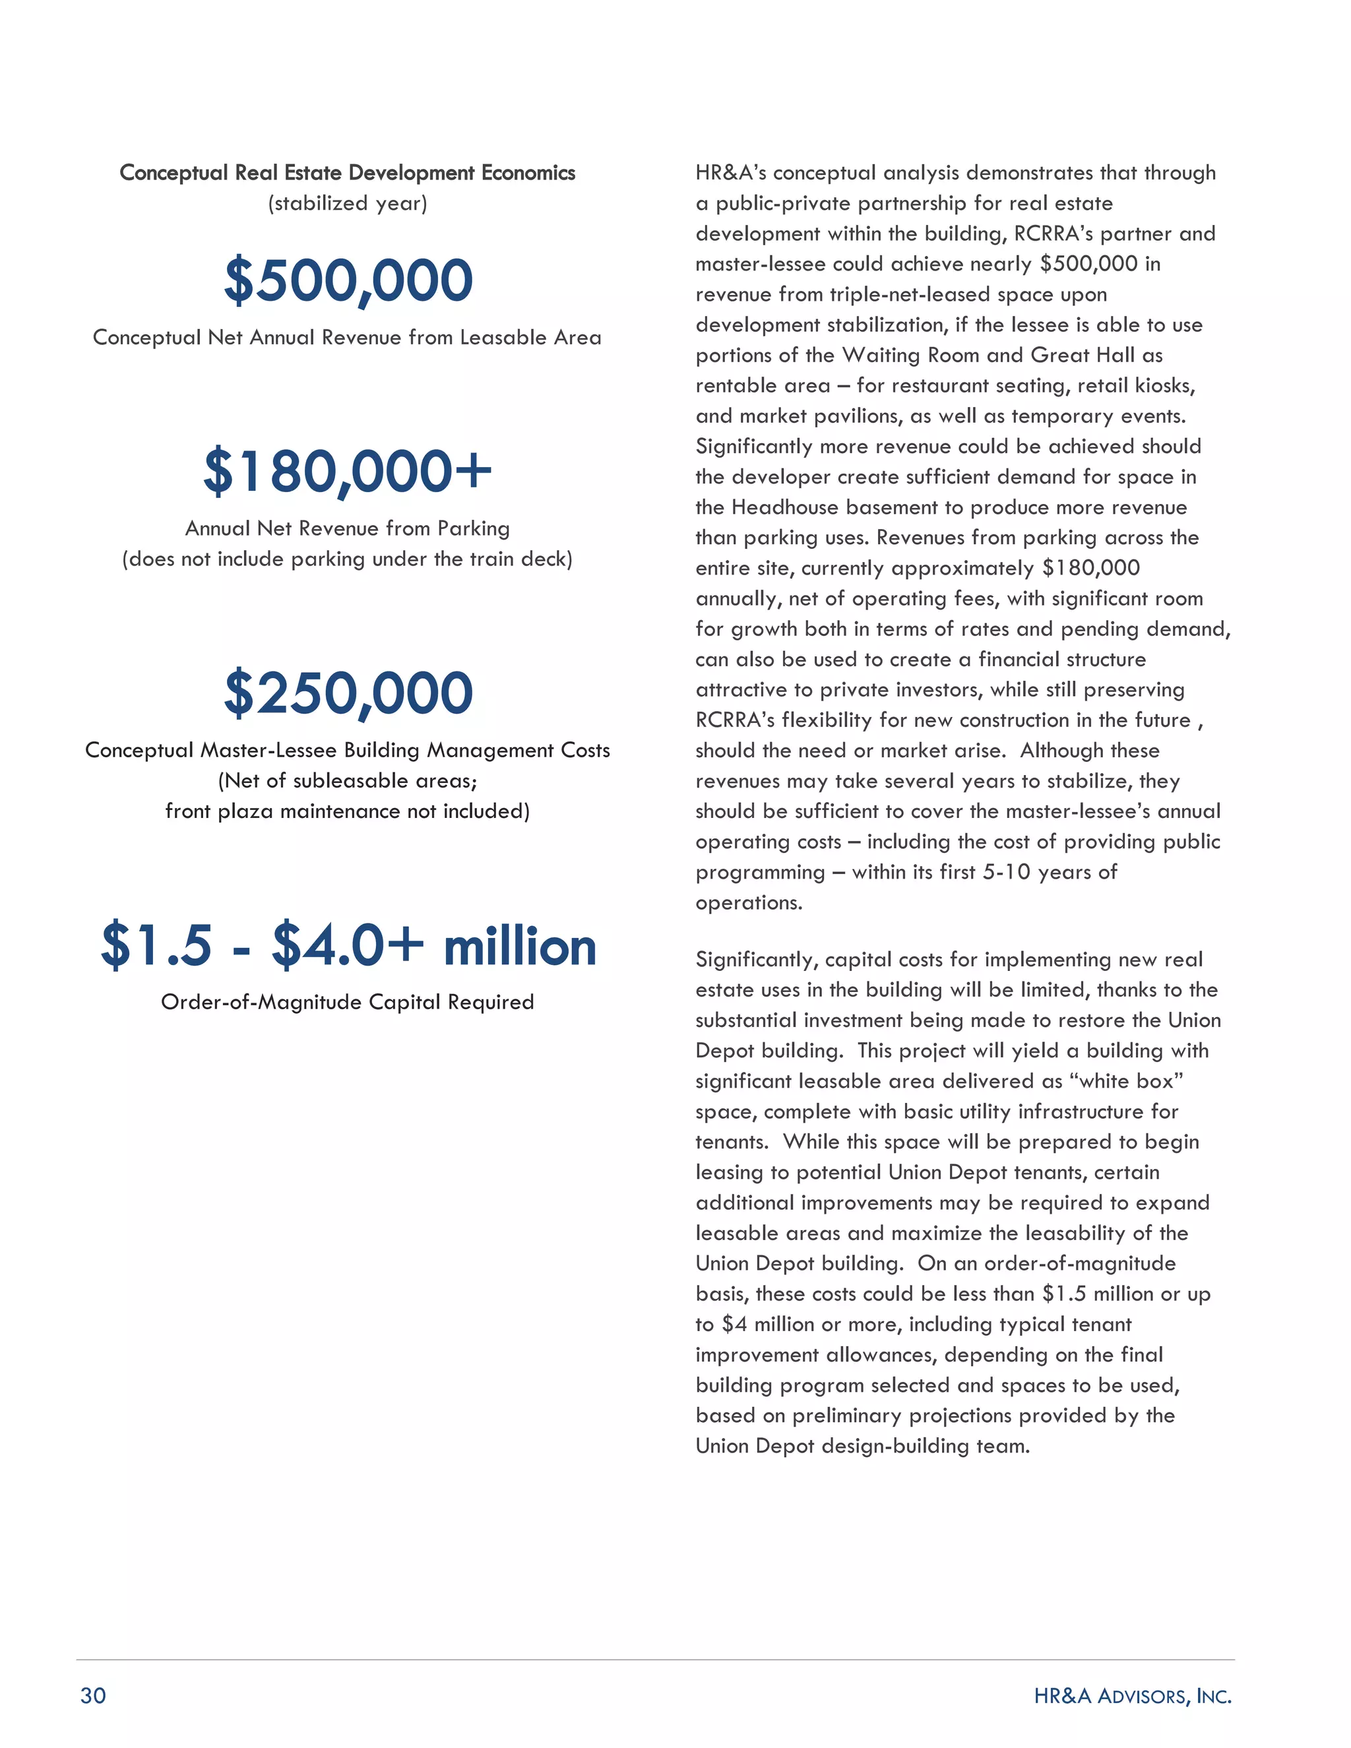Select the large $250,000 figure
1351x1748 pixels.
pyautogui.click(x=348, y=693)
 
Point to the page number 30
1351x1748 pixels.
pyautogui.click(x=93, y=1695)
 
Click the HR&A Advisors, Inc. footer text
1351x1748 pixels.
pyautogui.click(x=1132, y=1695)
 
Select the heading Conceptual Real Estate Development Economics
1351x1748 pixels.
pyautogui.click(x=348, y=173)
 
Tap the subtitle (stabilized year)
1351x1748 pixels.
pyautogui.click(x=348, y=203)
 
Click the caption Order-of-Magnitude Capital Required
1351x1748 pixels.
pyautogui.click(x=348, y=1002)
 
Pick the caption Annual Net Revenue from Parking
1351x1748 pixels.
pyautogui.click(x=348, y=528)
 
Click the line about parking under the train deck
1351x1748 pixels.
pyautogui.click(x=348, y=559)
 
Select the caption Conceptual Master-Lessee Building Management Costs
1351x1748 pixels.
pyautogui.click(x=348, y=750)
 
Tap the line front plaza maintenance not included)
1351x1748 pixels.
pyautogui.click(x=348, y=811)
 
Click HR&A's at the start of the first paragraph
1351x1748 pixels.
pyautogui.click(x=731, y=173)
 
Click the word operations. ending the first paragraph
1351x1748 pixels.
pyautogui.click(x=748, y=903)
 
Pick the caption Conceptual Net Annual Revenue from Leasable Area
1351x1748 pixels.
pyautogui.click(x=348, y=338)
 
